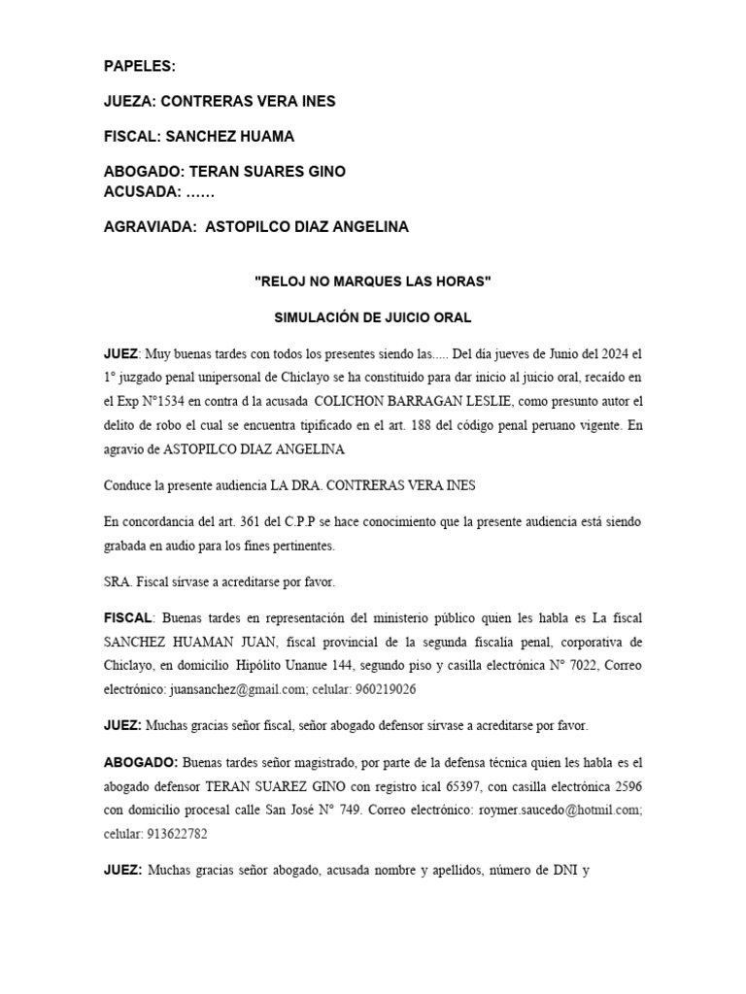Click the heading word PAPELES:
point(140,66)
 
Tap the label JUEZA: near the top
point(129,102)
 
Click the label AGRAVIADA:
point(151,227)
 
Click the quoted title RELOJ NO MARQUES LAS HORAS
point(373,282)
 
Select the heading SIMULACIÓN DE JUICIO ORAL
point(373,318)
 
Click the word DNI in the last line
point(562,870)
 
